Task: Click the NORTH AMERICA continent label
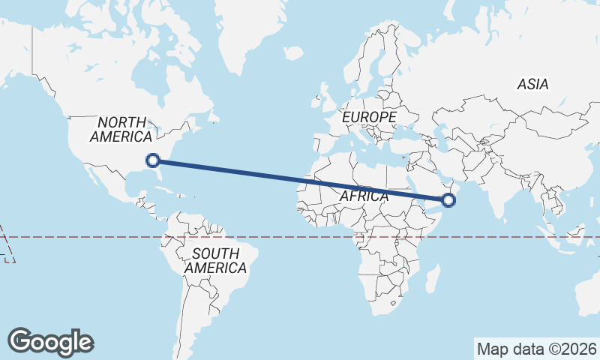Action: click(121, 129)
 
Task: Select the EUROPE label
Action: click(368, 118)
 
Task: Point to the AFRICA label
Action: click(364, 196)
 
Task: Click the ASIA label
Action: click(532, 84)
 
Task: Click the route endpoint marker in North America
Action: click(153, 160)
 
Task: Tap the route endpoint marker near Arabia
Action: click(448, 199)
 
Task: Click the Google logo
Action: click(51, 342)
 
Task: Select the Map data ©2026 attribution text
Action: click(537, 349)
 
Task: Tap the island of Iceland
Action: click(293, 53)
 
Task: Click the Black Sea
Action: click(409, 131)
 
